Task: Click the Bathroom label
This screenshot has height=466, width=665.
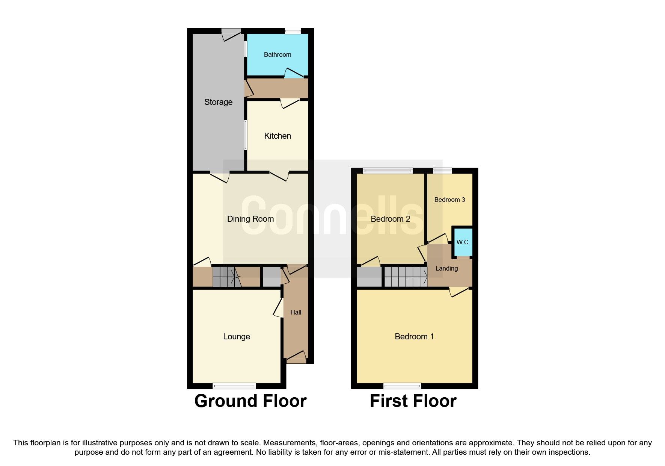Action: coord(277,54)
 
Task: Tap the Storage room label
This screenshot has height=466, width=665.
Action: coord(218,102)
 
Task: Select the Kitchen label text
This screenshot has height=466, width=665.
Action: coord(277,136)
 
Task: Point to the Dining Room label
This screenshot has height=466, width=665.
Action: coord(250,219)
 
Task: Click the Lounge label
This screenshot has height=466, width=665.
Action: coord(237,336)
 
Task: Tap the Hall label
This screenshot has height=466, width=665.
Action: coord(296,312)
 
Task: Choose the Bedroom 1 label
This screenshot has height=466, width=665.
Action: coord(414,336)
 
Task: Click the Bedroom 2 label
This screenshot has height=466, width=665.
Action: coord(390,219)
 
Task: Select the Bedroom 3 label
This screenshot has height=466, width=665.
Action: coord(449,200)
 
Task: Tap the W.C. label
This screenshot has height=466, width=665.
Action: coord(463,242)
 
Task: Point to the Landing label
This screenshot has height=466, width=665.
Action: coord(446,268)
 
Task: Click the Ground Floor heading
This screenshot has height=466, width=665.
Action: coord(250,401)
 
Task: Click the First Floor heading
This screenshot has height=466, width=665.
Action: coord(413,401)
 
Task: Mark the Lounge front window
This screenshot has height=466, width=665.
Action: coord(234,386)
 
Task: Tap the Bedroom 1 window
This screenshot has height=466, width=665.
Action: coord(402,386)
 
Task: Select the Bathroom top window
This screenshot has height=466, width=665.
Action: coord(293,31)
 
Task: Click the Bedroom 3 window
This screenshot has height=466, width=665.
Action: coord(442,171)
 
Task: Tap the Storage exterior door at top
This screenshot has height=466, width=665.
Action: coord(231,33)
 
